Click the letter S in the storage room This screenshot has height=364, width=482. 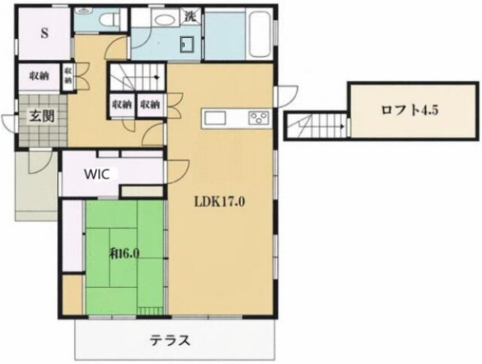(44, 33)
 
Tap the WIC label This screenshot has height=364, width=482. (97, 173)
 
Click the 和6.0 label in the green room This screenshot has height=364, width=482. (125, 253)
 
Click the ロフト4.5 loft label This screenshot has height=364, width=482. (409, 109)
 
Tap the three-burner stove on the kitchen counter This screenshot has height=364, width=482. (258, 118)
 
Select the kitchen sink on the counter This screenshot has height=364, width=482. (213, 118)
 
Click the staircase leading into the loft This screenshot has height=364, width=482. (316, 124)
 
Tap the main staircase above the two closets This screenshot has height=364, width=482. (136, 78)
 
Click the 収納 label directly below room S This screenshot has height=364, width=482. (41, 77)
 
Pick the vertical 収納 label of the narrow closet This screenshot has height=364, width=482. (68, 77)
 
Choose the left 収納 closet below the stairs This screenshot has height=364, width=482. (122, 105)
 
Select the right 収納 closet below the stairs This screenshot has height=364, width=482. (150, 105)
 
